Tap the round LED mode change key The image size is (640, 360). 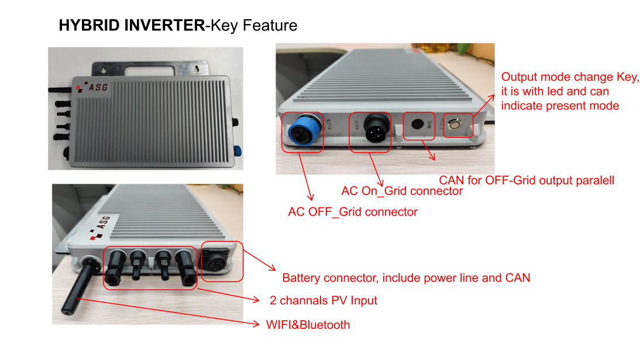click(x=455, y=124)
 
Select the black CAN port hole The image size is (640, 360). click(x=417, y=124)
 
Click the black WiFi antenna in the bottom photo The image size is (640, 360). click(x=80, y=286)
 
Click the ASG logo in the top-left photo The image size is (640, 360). click(x=92, y=87)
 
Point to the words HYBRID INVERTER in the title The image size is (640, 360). click(x=132, y=25)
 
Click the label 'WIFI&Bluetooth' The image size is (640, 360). click(x=308, y=325)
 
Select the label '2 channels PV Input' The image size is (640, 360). click(x=324, y=300)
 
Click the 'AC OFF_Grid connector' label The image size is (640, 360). click(x=353, y=212)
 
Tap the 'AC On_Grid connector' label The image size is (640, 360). click(x=402, y=191)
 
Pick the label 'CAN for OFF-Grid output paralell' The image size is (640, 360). click(x=527, y=180)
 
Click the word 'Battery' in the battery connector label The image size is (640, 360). click(x=301, y=278)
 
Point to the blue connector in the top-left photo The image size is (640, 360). click(x=237, y=152)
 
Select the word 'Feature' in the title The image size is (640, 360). click(x=270, y=25)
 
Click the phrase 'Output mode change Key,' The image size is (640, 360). click(x=570, y=77)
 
